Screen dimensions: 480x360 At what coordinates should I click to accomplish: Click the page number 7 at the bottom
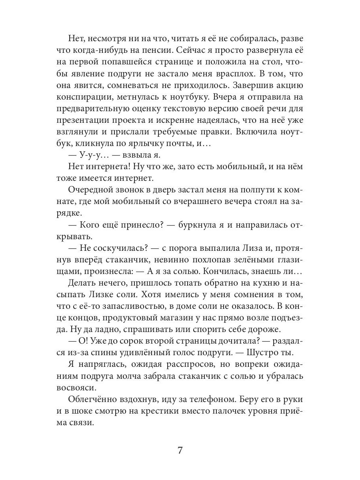180,450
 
